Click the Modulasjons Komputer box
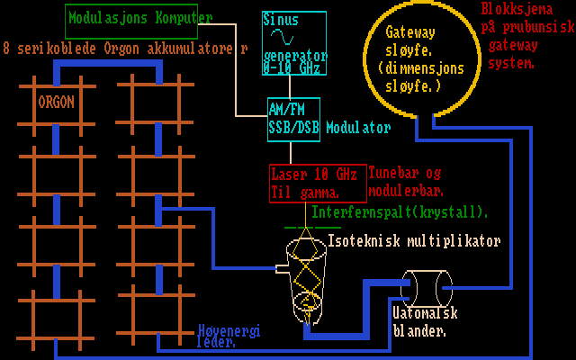point(139,18)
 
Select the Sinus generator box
point(293,41)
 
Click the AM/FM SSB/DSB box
point(293,118)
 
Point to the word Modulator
point(359,127)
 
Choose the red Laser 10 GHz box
point(318,183)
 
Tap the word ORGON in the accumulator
point(56,102)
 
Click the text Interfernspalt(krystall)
point(400,212)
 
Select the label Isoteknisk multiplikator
point(414,241)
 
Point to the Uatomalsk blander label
point(425,321)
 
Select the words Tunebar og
point(406,173)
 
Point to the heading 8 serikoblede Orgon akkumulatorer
point(125,47)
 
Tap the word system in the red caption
point(511,63)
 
